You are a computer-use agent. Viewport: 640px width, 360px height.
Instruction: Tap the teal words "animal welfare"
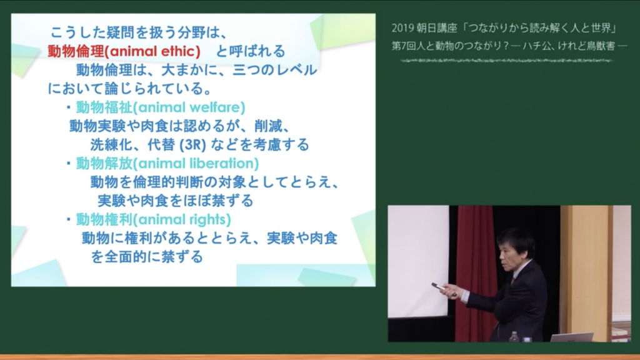[190, 107]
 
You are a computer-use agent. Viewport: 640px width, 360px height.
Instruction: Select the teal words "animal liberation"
[196, 163]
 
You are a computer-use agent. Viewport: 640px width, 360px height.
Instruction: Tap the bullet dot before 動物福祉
[69, 107]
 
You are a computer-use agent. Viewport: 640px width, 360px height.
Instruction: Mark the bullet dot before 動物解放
[69, 163]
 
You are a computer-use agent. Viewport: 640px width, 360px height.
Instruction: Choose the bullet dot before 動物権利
[69, 219]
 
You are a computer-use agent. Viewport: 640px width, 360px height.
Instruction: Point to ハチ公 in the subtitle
[536, 46]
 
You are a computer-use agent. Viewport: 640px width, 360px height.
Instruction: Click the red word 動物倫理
[76, 51]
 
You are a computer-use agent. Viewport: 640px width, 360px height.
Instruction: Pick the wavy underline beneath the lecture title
[507, 61]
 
